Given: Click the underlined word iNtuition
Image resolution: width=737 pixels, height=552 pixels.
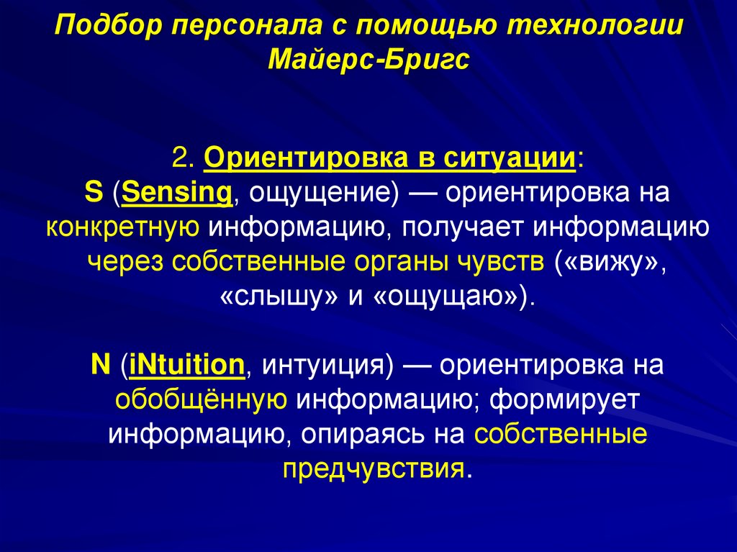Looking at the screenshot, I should pos(187,366).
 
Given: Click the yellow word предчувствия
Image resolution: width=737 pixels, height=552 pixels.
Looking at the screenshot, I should pos(372,469).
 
